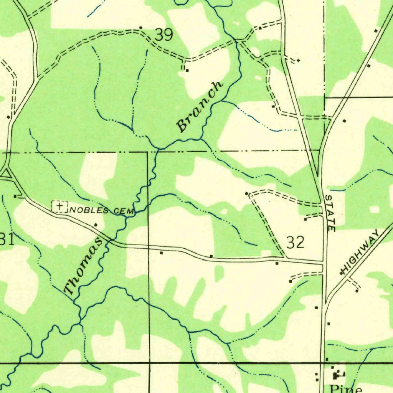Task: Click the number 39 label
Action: tap(164, 35)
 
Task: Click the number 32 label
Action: tap(296, 243)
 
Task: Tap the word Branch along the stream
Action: tap(200, 106)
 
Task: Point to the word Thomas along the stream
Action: tap(83, 266)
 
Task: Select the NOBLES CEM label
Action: tap(102, 210)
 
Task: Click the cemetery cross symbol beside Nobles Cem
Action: tap(59, 207)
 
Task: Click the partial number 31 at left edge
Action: tap(7, 239)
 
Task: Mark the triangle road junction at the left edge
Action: tap(6, 175)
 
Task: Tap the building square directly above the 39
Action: tap(141, 27)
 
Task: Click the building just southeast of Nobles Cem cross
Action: tap(96, 225)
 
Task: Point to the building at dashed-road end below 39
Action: tap(187, 70)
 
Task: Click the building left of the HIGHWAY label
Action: tap(342, 273)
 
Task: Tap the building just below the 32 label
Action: tap(277, 263)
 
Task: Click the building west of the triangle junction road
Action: tap(15, 196)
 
